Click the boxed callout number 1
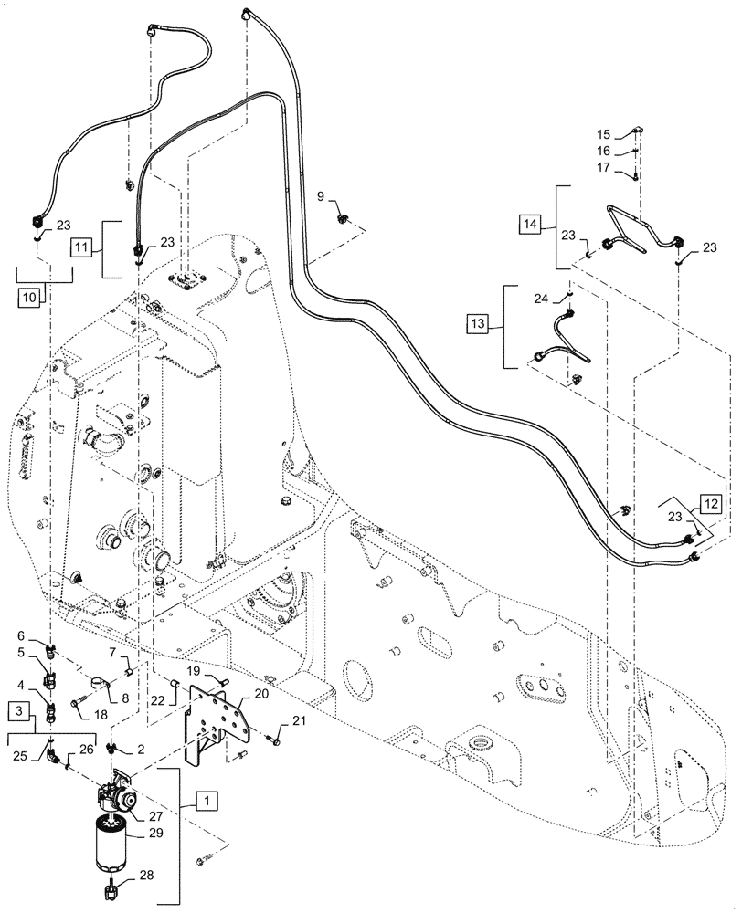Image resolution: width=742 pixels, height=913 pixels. pyautogui.click(x=209, y=801)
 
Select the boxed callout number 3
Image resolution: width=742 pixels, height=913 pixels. pyautogui.click(x=19, y=709)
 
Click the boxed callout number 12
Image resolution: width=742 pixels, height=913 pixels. pyautogui.click(x=713, y=502)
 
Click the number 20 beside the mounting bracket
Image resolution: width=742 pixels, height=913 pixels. pyautogui.click(x=236, y=694)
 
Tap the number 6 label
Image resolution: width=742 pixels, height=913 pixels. pyautogui.click(x=20, y=635)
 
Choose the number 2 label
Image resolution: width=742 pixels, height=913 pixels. pyautogui.click(x=141, y=748)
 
